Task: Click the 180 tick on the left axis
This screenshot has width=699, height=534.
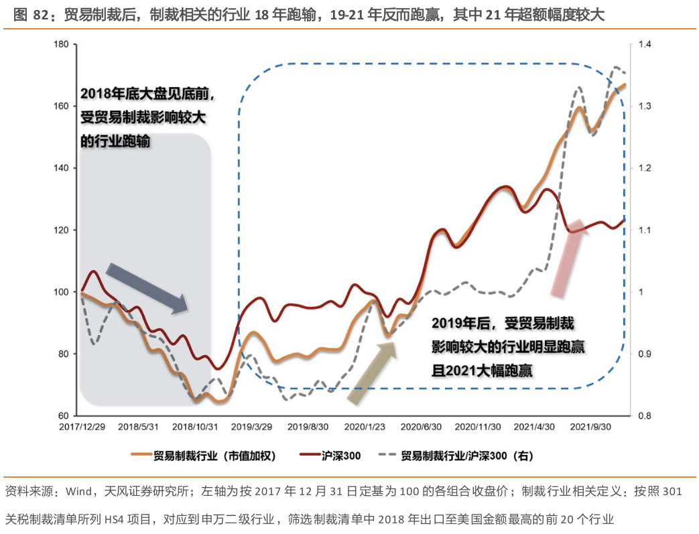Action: (x=61, y=45)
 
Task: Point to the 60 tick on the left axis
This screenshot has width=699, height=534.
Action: (x=64, y=415)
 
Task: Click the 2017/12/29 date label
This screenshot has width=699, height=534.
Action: (x=80, y=427)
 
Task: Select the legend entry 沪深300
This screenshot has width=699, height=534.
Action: (x=340, y=456)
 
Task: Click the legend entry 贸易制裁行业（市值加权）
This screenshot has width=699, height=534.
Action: (x=213, y=456)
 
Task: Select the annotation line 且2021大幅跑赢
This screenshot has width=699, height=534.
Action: (x=482, y=370)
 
